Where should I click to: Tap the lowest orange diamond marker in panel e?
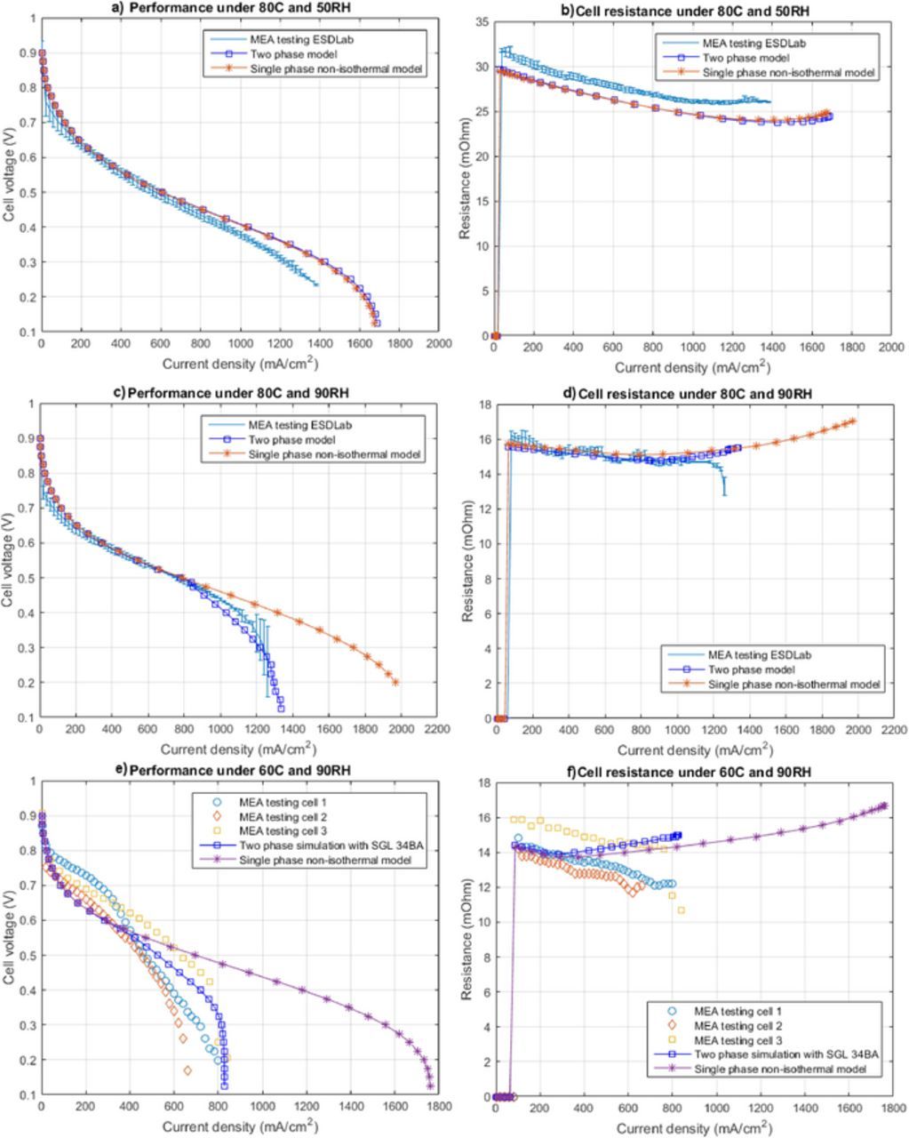(x=187, y=1070)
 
